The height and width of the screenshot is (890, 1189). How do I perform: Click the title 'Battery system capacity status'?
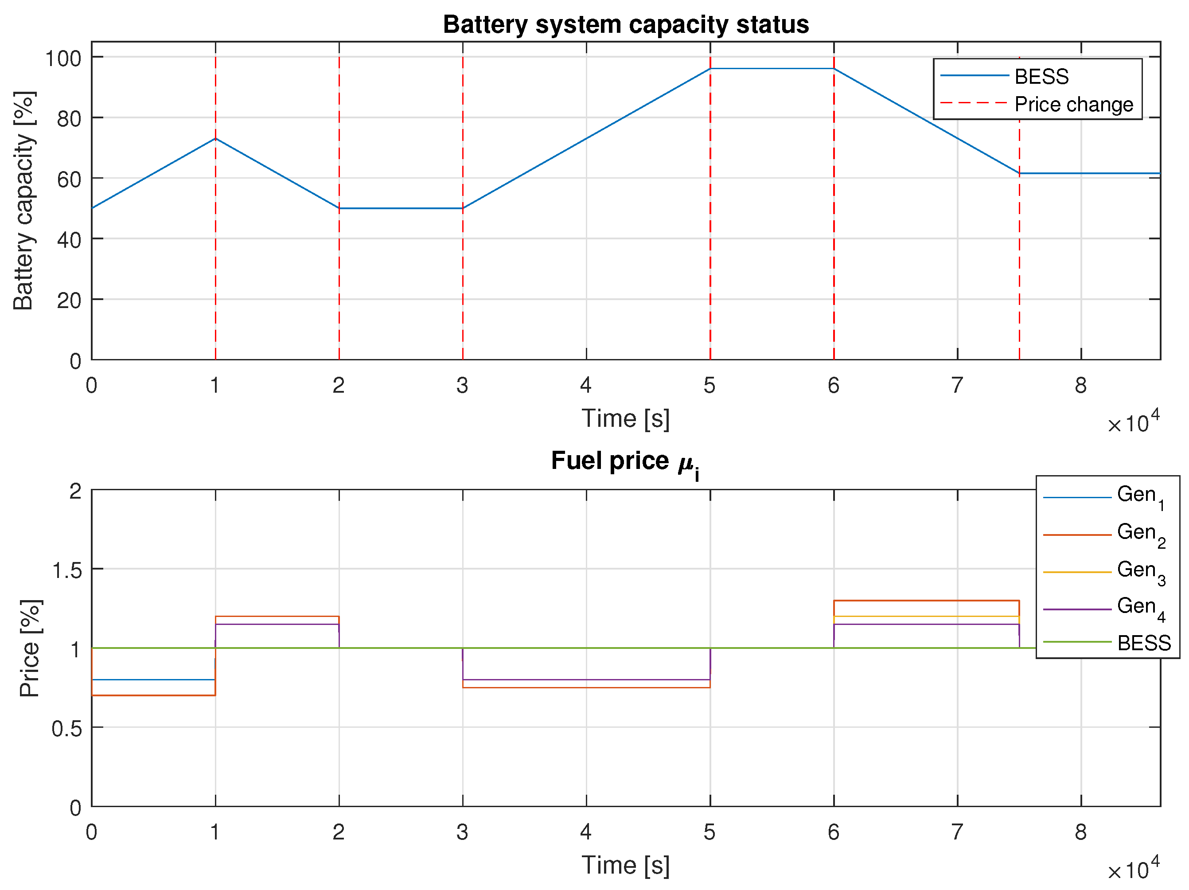[x=626, y=25]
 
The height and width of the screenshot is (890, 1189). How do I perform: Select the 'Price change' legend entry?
[x=1073, y=104]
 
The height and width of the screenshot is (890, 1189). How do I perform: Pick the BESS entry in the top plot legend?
[x=1041, y=77]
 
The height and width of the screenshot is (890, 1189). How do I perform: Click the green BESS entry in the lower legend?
[x=1143, y=643]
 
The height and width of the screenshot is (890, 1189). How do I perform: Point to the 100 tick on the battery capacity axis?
[x=63, y=58]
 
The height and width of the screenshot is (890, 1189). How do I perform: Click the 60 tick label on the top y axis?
[x=69, y=179]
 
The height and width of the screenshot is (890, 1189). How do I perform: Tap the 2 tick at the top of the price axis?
[x=76, y=492]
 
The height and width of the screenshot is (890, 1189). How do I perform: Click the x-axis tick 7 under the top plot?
[x=957, y=386]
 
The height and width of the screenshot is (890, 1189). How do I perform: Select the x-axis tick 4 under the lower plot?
[x=586, y=832]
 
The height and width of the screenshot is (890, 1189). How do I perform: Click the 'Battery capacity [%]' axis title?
[x=24, y=201]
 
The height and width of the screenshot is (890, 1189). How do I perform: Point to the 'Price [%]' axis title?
[x=30, y=648]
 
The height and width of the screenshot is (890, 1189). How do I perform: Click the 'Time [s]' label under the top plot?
[x=626, y=418]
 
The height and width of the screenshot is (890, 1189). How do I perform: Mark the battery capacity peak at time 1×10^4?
[x=215, y=139]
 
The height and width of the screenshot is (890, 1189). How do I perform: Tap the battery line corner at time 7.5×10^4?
[x=1019, y=173]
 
